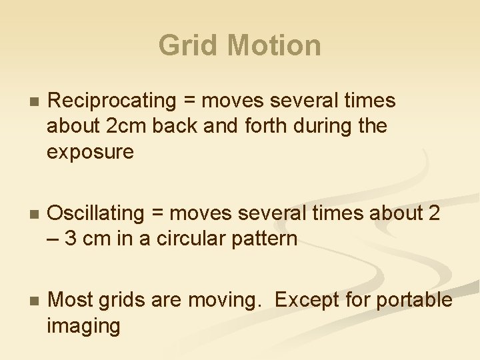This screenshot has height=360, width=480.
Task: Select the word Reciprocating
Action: pos(111,101)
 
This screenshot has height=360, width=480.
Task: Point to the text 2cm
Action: pos(122,127)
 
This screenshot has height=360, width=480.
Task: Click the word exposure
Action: pos(90,152)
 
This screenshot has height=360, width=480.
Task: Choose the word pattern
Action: pos(264,239)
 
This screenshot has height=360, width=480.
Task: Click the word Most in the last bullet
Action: pos(71,301)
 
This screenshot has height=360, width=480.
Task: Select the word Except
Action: pos(304,301)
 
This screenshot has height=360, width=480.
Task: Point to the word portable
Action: pos(414,301)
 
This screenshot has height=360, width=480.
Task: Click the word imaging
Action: pos(83,326)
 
